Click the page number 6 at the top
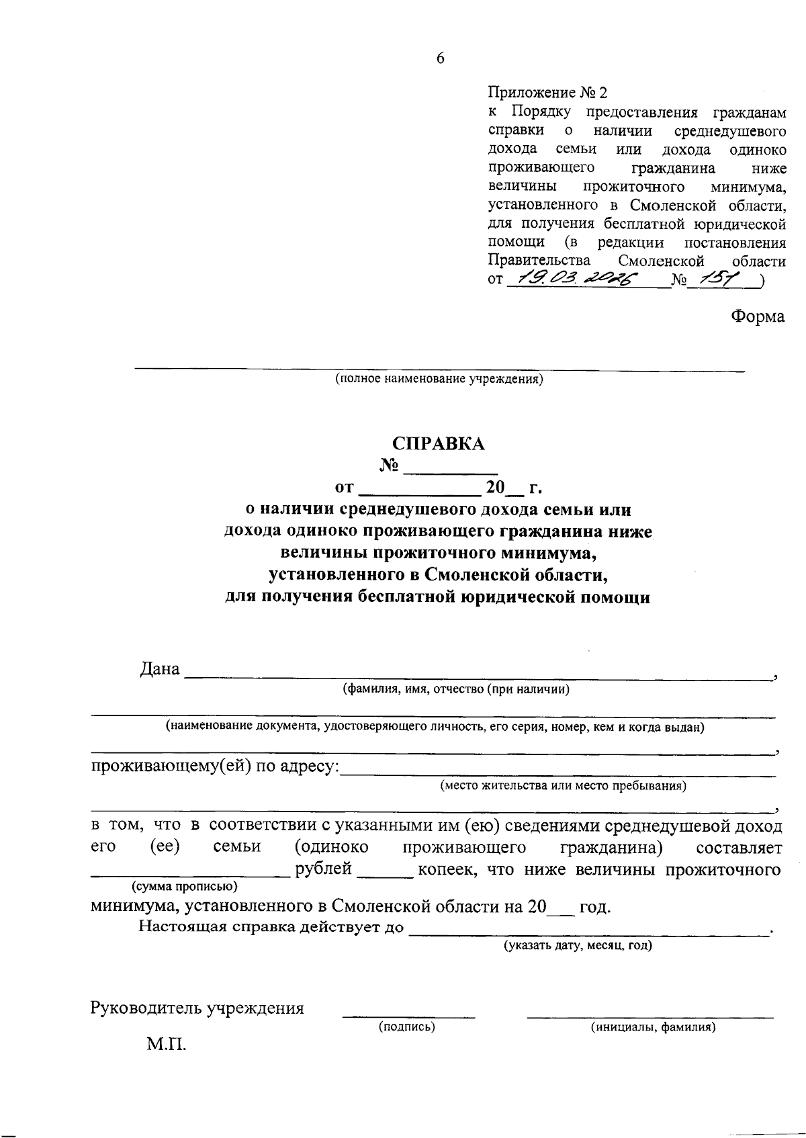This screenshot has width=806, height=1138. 440,58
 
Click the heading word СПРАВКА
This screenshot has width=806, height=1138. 438,444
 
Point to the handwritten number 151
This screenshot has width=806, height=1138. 724,279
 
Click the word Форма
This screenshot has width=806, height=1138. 758,316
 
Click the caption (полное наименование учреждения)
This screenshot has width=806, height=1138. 439,379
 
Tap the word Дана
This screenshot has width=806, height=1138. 160,669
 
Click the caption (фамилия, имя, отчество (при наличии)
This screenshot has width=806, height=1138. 456,689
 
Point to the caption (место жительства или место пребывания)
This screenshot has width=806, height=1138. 563,785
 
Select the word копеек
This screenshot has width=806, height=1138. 447,869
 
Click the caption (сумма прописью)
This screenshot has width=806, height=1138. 185,886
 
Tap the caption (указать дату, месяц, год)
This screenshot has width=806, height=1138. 578,945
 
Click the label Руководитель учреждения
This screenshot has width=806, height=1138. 197,1008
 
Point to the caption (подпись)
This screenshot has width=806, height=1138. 407,1026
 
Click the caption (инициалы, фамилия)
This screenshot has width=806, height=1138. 652,1026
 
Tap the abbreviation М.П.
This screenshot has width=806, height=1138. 167,1045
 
